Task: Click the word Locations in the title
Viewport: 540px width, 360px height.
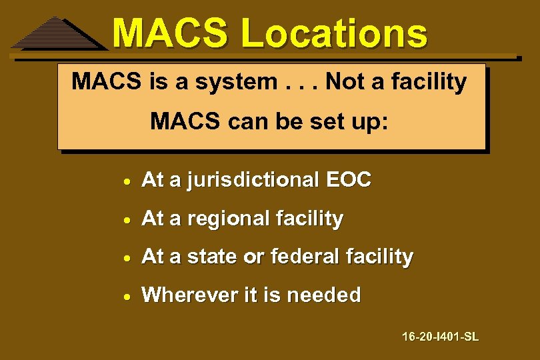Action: pos(333,33)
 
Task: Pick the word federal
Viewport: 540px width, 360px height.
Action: pos(299,257)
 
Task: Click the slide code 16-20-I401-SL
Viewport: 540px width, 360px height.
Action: pos(440,337)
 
